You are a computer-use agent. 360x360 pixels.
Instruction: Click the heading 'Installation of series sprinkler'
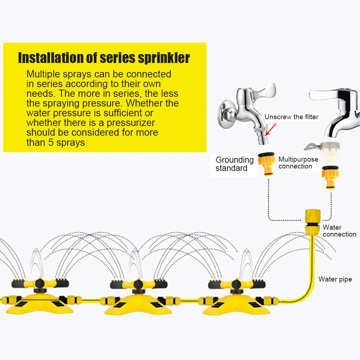(104, 58)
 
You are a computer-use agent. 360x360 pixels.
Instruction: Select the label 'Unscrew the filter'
(291, 117)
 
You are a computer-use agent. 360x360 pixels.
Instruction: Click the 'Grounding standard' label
(234, 164)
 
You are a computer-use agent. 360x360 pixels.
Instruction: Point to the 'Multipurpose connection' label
(298, 163)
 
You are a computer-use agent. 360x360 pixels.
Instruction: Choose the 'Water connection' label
(339, 231)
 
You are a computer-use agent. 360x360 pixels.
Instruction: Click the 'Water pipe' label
(335, 279)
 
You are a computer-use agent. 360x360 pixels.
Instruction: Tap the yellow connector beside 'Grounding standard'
(267, 164)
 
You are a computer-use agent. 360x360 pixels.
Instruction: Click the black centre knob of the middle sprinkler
(138, 285)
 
